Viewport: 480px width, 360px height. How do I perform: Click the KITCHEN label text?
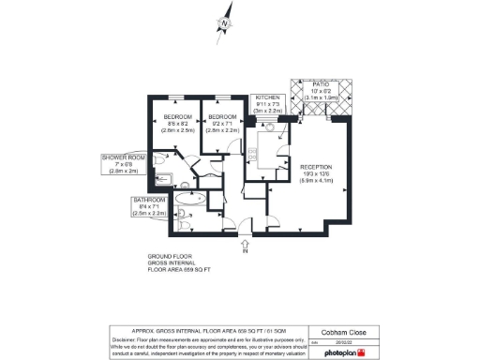point(267,97)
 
